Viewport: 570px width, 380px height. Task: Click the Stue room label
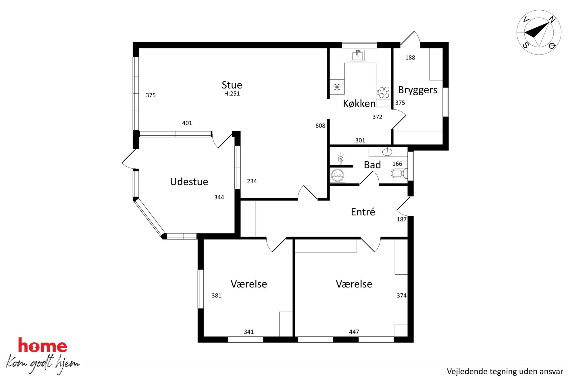[x=232, y=85]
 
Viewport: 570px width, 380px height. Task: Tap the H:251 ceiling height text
[x=232, y=94]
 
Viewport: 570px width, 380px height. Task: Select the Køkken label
[x=359, y=103]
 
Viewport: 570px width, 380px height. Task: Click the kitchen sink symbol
[x=358, y=55]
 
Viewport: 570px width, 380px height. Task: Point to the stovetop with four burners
[x=384, y=92]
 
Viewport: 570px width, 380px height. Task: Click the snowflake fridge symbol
[x=337, y=87]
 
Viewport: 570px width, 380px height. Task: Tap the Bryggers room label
[x=417, y=90]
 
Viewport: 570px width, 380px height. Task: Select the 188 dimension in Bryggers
[x=410, y=58]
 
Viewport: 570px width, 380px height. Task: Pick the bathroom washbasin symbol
[x=387, y=152]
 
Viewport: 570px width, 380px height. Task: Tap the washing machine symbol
[x=338, y=175]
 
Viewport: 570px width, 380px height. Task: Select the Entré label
[x=363, y=212]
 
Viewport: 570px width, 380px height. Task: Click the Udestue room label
[x=189, y=182]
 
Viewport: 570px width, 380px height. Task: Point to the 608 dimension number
[x=320, y=126]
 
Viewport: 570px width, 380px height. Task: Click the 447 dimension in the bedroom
[x=354, y=332]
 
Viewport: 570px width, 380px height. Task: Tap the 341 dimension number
[x=249, y=332]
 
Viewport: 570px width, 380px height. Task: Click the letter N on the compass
[x=552, y=20]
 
